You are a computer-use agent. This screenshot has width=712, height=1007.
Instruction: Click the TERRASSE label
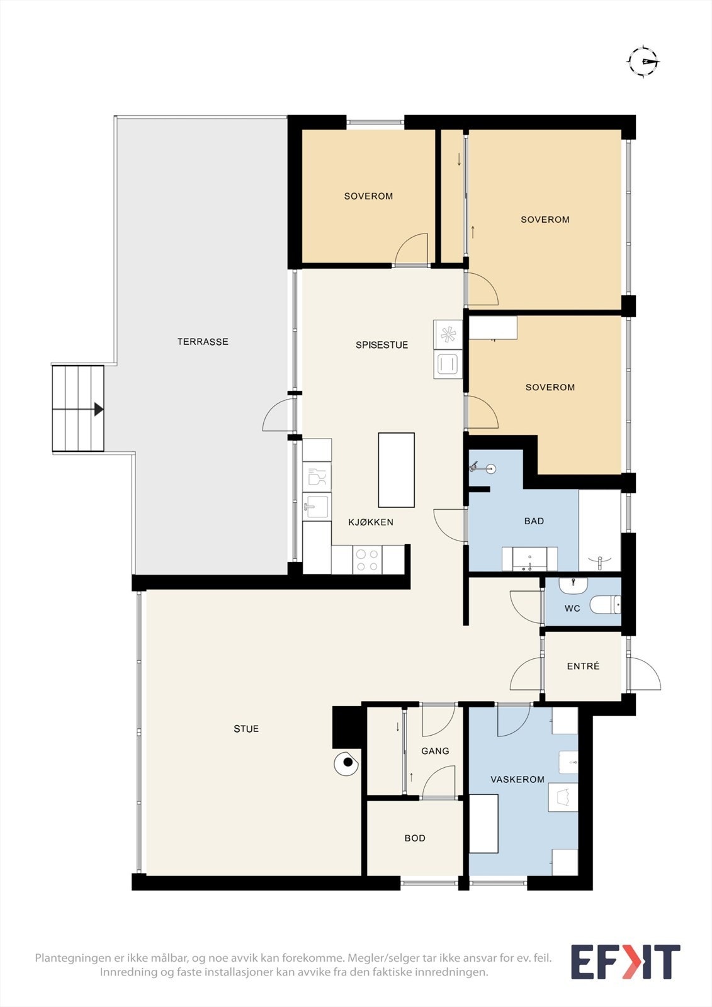(203, 342)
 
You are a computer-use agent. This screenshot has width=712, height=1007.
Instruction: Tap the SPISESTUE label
(382, 345)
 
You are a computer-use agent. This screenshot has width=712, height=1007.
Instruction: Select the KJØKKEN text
(371, 522)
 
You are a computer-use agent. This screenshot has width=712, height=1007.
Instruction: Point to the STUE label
(246, 729)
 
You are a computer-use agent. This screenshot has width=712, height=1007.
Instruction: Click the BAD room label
(534, 521)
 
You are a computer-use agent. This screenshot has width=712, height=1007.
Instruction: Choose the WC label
(572, 609)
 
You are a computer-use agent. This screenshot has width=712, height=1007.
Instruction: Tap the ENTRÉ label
(584, 666)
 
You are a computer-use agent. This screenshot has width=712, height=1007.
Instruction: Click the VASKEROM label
(517, 780)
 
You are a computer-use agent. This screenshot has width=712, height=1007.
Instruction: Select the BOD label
(415, 838)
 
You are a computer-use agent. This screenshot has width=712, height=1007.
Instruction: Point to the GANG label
(435, 751)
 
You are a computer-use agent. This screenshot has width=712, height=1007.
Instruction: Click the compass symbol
(643, 61)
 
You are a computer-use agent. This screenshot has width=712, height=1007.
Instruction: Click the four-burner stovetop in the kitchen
(367, 560)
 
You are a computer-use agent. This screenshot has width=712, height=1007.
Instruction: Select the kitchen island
(396, 470)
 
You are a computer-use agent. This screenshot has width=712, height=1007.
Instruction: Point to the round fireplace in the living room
(346, 762)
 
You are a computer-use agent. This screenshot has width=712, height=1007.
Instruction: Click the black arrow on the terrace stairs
(99, 409)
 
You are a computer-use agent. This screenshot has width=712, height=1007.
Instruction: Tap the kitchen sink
(317, 506)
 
